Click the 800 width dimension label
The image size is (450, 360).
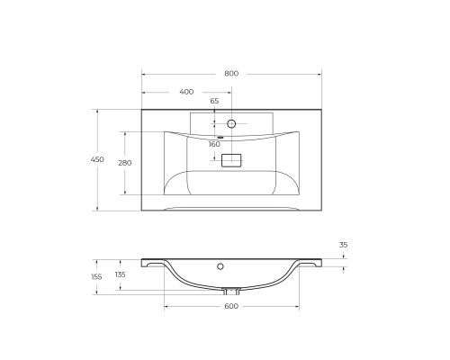tap(231, 73)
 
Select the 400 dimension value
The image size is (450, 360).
tap(186, 92)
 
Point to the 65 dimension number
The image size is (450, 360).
tap(214, 101)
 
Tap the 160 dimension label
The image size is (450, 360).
tap(214, 144)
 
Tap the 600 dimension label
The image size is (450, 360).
tap(230, 307)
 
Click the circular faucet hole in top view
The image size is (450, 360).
tap(231, 123)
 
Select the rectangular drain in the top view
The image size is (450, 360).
tap(231, 160)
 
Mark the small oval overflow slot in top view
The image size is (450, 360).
tap(219, 137)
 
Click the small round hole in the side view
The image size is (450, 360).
tap(220, 267)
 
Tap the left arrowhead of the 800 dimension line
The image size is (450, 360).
tap(144, 73)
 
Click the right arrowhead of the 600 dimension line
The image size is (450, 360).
tap(298, 307)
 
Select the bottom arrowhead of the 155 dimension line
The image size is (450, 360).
tap(97, 292)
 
